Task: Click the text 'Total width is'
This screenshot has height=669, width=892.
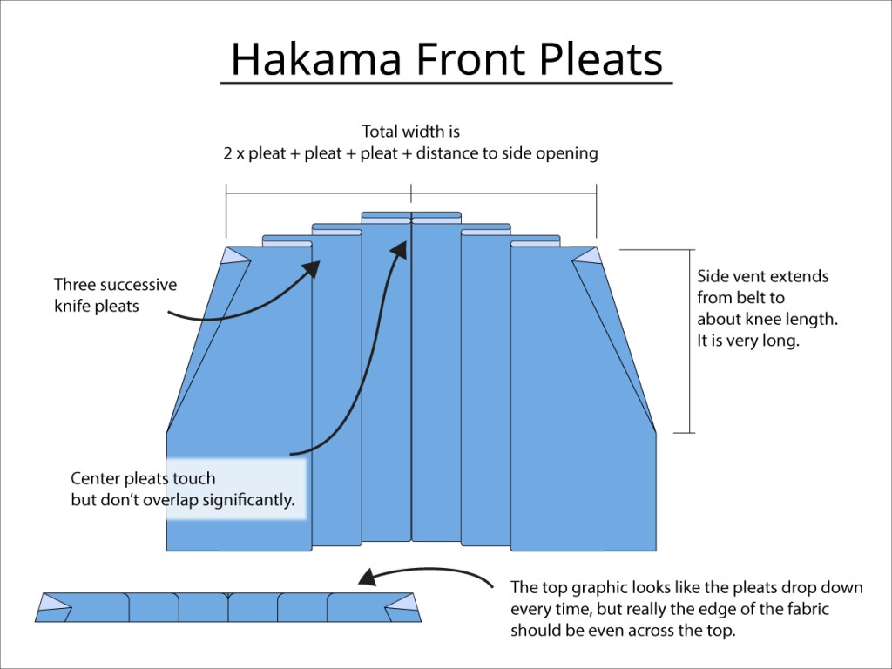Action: (410, 132)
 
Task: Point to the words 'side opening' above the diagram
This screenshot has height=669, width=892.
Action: (556, 153)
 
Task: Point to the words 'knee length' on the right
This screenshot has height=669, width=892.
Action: (797, 320)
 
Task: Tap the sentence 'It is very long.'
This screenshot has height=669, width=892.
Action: (747, 341)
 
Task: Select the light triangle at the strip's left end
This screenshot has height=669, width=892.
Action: (54, 601)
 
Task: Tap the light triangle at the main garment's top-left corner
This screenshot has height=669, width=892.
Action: (236, 255)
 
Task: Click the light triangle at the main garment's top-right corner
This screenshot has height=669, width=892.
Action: (586, 255)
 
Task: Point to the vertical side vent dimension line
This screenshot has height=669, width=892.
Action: (691, 341)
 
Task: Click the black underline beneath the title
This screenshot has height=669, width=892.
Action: (446, 84)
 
